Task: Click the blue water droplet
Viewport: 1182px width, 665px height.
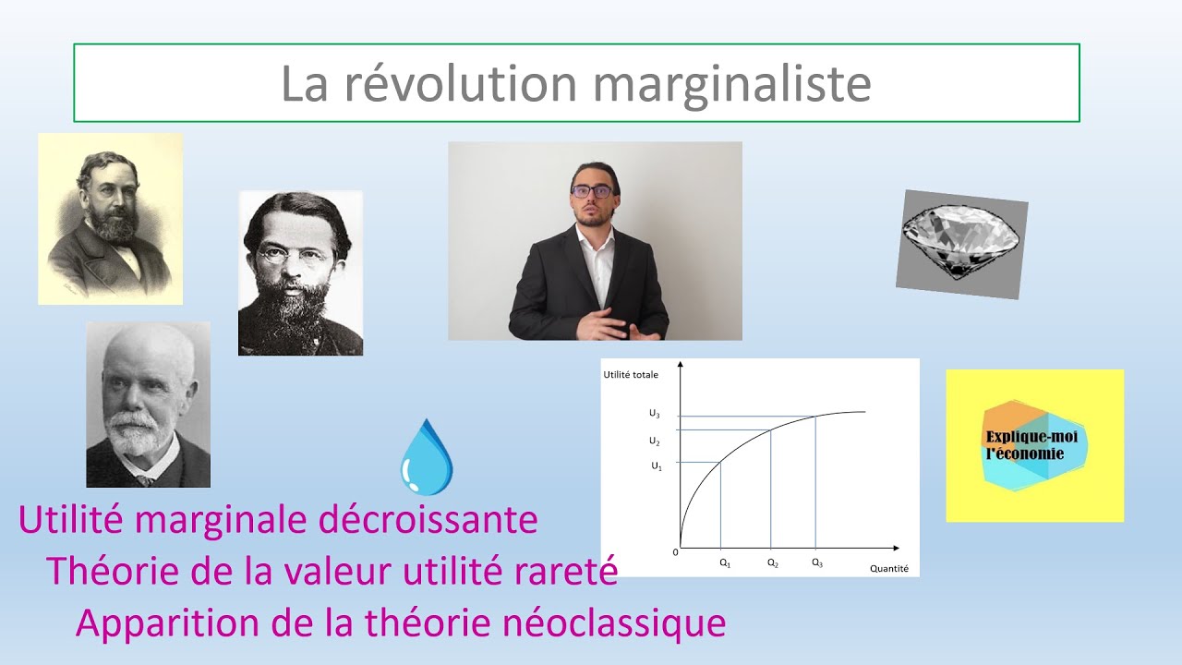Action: [426, 458]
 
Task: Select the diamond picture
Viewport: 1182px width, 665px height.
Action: [961, 244]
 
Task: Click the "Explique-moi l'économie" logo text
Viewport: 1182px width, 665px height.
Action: [1023, 444]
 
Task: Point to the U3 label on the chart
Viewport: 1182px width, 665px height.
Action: [655, 415]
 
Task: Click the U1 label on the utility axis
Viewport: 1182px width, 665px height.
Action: [657, 466]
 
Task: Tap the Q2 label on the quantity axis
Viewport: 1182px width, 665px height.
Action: [772, 562]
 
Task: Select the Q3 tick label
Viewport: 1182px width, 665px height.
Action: [816, 562]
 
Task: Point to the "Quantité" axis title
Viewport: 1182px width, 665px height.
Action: [888, 569]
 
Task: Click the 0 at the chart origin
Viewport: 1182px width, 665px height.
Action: [675, 551]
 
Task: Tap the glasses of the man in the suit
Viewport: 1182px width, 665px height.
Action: [591, 191]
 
